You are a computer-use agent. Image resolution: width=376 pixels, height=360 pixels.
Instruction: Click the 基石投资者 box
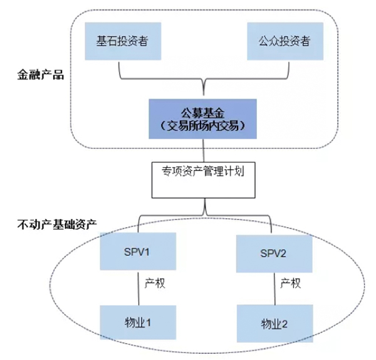pyautogui.click(x=122, y=42)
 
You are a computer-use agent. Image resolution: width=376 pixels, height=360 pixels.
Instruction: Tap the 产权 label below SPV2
pyautogui.click(x=290, y=283)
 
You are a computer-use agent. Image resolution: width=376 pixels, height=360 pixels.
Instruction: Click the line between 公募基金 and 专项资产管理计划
pyautogui.click(x=202, y=151)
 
